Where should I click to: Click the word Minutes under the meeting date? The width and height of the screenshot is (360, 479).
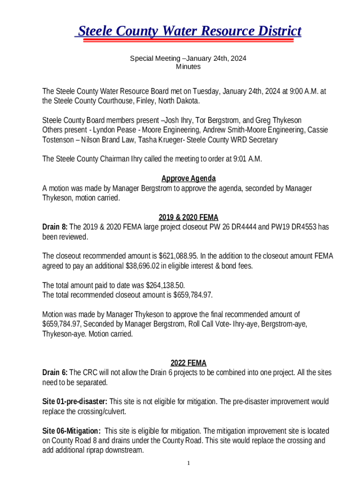pos(188,66)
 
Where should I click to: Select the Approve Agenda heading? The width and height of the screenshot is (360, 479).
pos(188,179)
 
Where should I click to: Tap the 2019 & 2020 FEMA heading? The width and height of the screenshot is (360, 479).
pos(188,218)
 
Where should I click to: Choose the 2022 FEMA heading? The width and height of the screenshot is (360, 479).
pos(188,363)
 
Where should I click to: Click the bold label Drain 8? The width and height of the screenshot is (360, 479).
pos(55,227)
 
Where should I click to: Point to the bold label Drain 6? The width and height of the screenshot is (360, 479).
pos(55,373)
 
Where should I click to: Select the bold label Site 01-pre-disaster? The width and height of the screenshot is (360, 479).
pos(75,402)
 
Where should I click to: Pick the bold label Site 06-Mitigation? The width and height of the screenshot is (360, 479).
pos(71,431)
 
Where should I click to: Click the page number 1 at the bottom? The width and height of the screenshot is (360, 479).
pos(188,463)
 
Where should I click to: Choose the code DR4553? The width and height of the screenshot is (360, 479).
pos(303,227)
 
